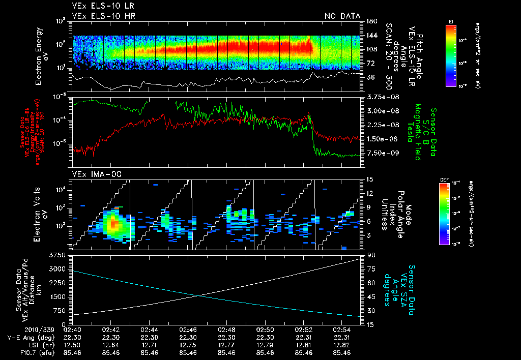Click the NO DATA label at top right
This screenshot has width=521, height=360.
pos(342,16)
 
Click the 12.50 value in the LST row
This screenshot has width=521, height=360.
pos(72,345)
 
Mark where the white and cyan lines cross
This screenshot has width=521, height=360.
pos(199,295)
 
